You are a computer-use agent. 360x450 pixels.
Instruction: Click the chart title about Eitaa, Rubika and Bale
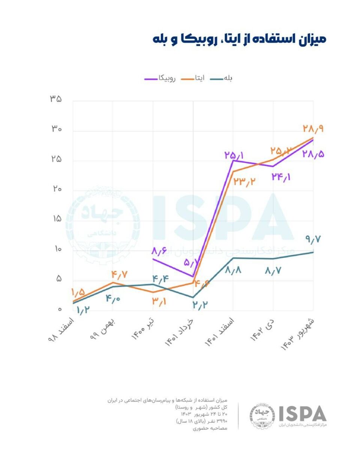click(239, 39)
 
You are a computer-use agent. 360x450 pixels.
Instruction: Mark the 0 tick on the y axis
click(59, 310)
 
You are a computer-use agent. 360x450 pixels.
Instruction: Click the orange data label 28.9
click(313, 129)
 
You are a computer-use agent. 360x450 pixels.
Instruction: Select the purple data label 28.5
click(313, 154)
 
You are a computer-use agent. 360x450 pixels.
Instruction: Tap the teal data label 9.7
click(314, 239)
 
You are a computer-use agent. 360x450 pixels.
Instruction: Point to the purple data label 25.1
click(234, 154)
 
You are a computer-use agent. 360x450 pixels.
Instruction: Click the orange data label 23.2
click(244, 182)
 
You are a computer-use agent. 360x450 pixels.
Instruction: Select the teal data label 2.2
click(200, 305)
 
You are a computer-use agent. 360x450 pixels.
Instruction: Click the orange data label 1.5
click(78, 292)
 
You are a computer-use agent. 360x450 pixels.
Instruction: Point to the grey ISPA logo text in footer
click(302, 414)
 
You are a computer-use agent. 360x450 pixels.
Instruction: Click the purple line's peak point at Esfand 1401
click(233, 160)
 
